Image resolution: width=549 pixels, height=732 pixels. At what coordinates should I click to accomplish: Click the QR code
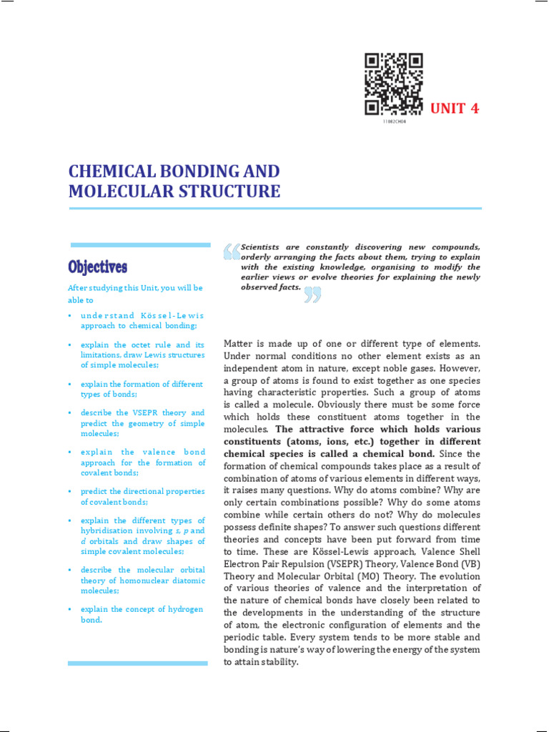tap(393, 84)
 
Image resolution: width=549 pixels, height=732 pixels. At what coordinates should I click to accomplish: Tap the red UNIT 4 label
tap(454, 109)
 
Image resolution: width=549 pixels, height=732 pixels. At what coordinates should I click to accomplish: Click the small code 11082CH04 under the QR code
tap(393, 122)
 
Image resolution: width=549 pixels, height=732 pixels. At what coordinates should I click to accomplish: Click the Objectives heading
tap(98, 267)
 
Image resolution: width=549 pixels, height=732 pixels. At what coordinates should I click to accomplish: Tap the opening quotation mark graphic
tap(232, 252)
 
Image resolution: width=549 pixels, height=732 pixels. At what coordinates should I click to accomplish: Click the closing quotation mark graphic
tap(312, 295)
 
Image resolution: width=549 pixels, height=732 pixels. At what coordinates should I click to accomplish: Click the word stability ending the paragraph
tap(279, 662)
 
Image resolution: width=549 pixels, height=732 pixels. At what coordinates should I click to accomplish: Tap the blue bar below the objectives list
tap(137, 663)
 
